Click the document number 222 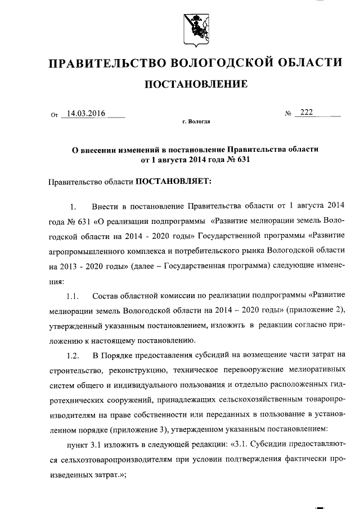pyautogui.click(x=307, y=112)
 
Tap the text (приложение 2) pyautogui.click(x=317, y=310)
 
